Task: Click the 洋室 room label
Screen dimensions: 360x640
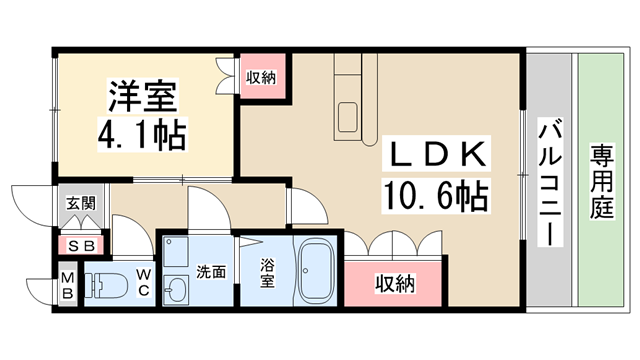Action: point(143,98)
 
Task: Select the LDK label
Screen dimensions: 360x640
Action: point(437,155)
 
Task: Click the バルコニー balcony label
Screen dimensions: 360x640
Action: point(549,180)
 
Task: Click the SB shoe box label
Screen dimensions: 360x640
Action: point(80,244)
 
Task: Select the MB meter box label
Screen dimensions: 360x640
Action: point(67,284)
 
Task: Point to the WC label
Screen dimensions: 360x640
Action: point(143,281)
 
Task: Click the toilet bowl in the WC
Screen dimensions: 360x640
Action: point(103,284)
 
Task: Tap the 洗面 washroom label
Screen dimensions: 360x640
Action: point(210,270)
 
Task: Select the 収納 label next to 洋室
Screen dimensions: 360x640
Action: point(263,77)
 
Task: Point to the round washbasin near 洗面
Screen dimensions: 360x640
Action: point(177,291)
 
